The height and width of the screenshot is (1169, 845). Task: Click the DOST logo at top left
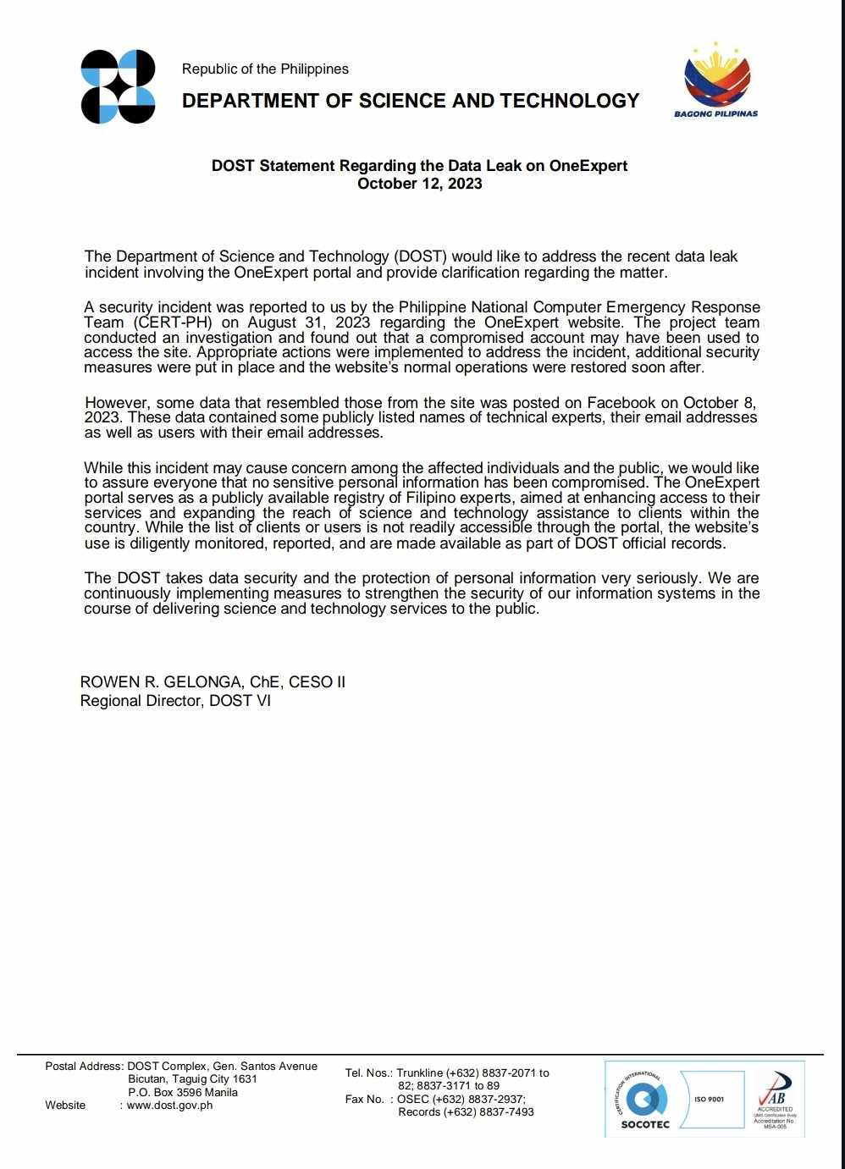[x=118, y=87]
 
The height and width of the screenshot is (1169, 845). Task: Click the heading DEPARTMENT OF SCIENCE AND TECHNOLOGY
[x=411, y=101]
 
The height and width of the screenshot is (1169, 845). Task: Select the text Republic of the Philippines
[x=265, y=69]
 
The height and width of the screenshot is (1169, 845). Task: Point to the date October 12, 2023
[x=419, y=184]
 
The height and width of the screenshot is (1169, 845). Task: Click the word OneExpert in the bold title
[x=588, y=166]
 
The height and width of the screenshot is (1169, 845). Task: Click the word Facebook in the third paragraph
[x=625, y=403]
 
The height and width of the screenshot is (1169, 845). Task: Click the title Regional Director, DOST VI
[x=175, y=701]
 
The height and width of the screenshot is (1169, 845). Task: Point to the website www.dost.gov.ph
[x=169, y=1106]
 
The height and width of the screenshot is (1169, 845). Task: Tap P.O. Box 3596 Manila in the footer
[x=183, y=1093]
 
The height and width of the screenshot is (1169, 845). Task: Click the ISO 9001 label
[x=709, y=1099]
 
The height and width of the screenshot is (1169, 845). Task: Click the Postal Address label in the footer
[x=84, y=1067]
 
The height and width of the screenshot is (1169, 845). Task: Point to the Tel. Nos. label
[x=368, y=1073]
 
